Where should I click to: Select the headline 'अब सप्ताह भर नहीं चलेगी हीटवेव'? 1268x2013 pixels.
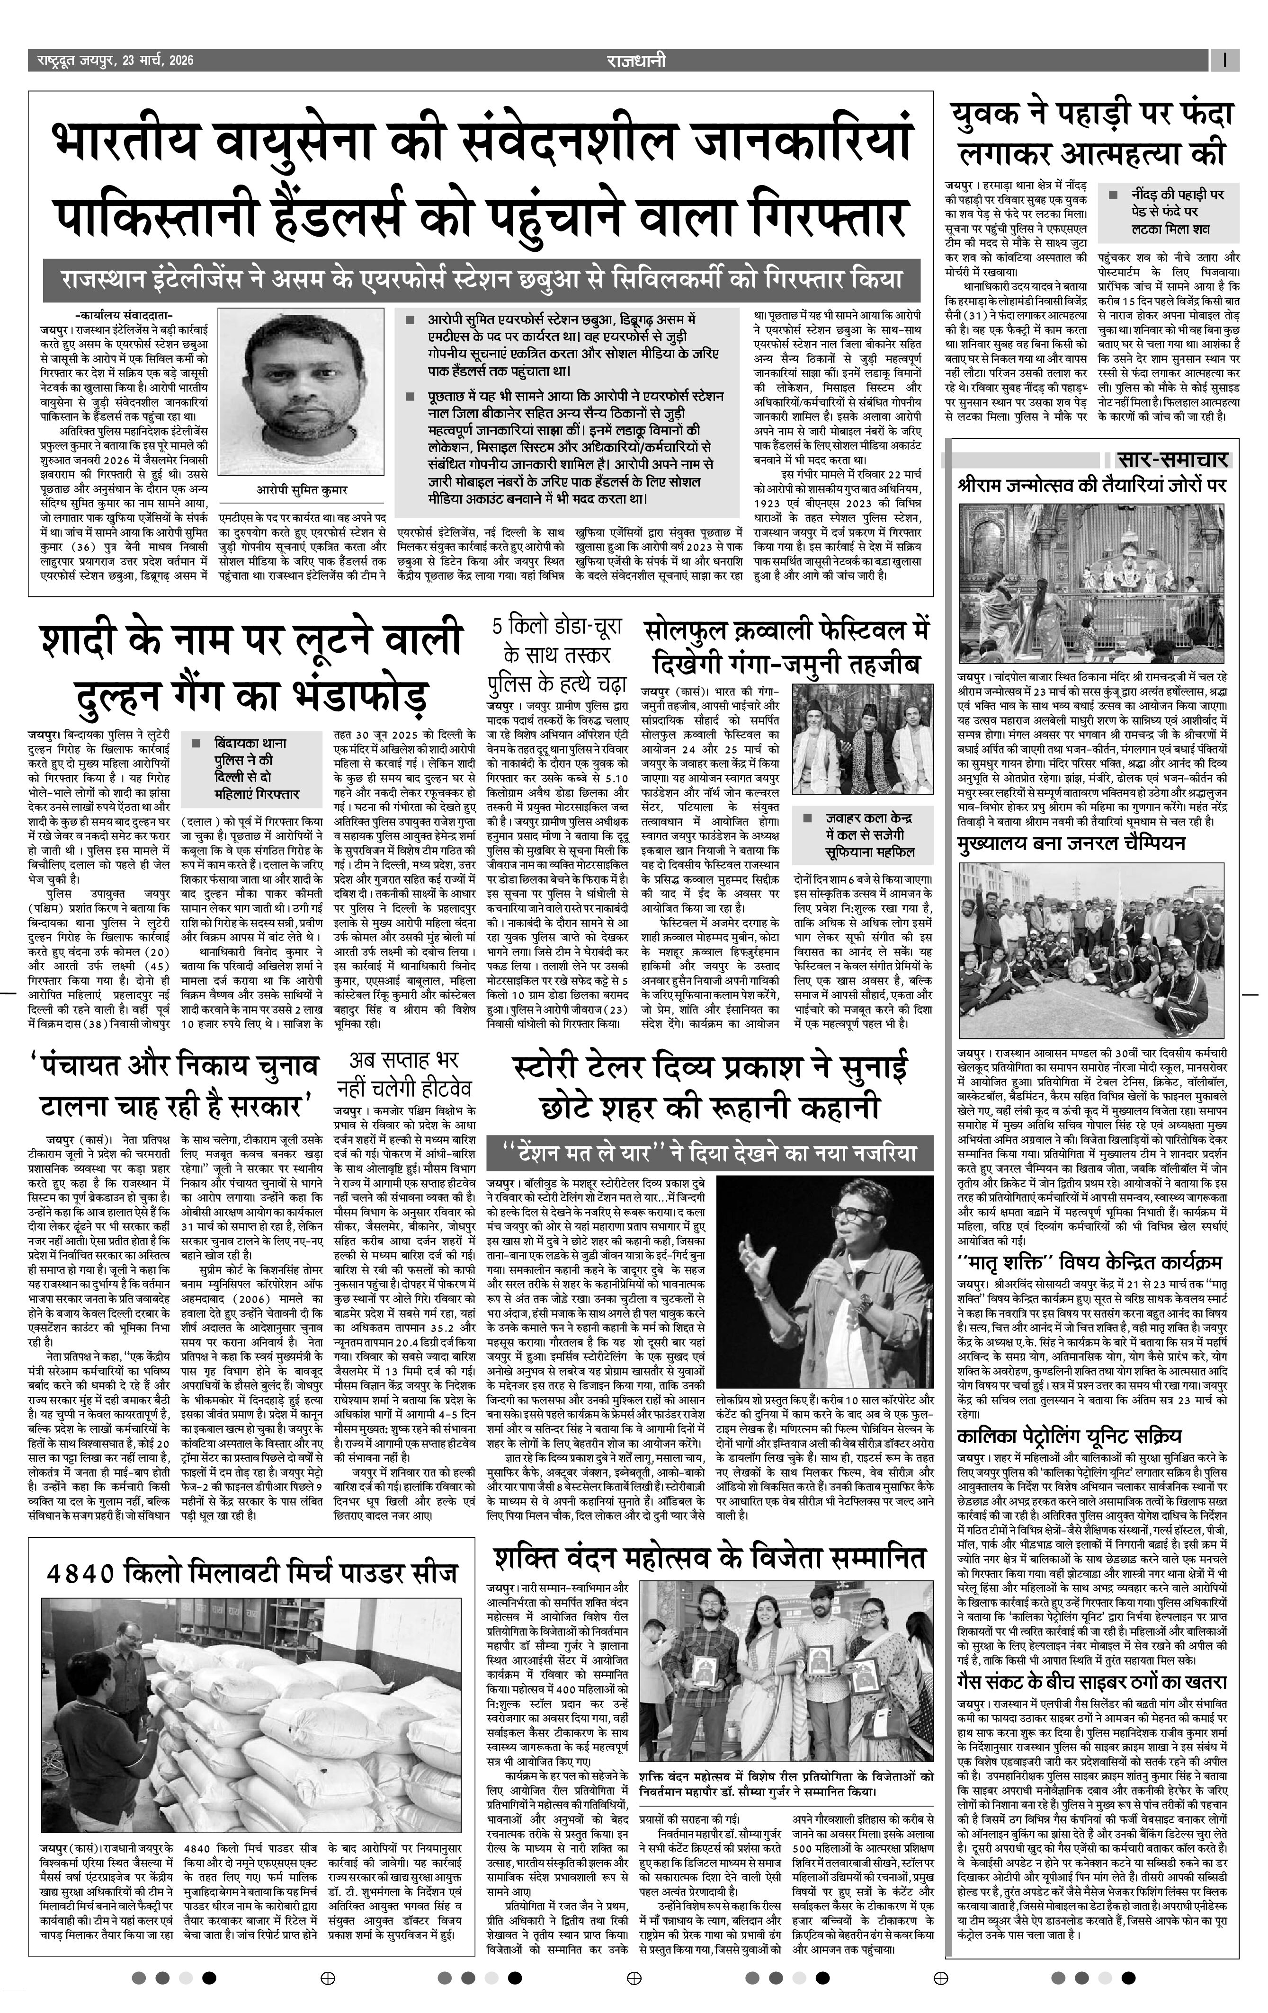(404, 1074)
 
